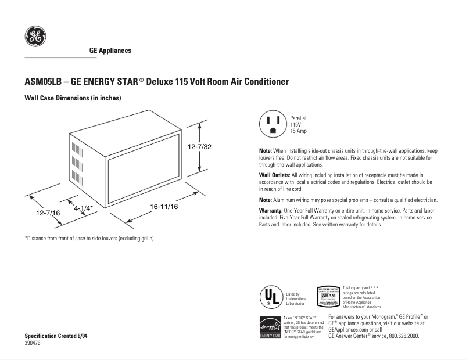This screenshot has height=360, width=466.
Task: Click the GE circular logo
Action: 34,37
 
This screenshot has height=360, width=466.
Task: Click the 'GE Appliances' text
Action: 110,51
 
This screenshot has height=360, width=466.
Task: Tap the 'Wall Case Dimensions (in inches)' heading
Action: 72,98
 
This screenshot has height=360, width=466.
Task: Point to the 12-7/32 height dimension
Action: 199,147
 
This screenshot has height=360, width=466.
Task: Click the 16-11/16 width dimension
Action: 164,206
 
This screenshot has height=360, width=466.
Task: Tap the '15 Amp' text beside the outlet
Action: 299,131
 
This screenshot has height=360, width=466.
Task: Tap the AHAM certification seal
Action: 328,296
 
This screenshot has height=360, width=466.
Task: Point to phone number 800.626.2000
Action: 402,336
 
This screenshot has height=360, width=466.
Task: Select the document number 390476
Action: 33,344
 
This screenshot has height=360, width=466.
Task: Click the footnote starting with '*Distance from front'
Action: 89,239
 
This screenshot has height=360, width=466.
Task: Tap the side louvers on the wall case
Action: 74,157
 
